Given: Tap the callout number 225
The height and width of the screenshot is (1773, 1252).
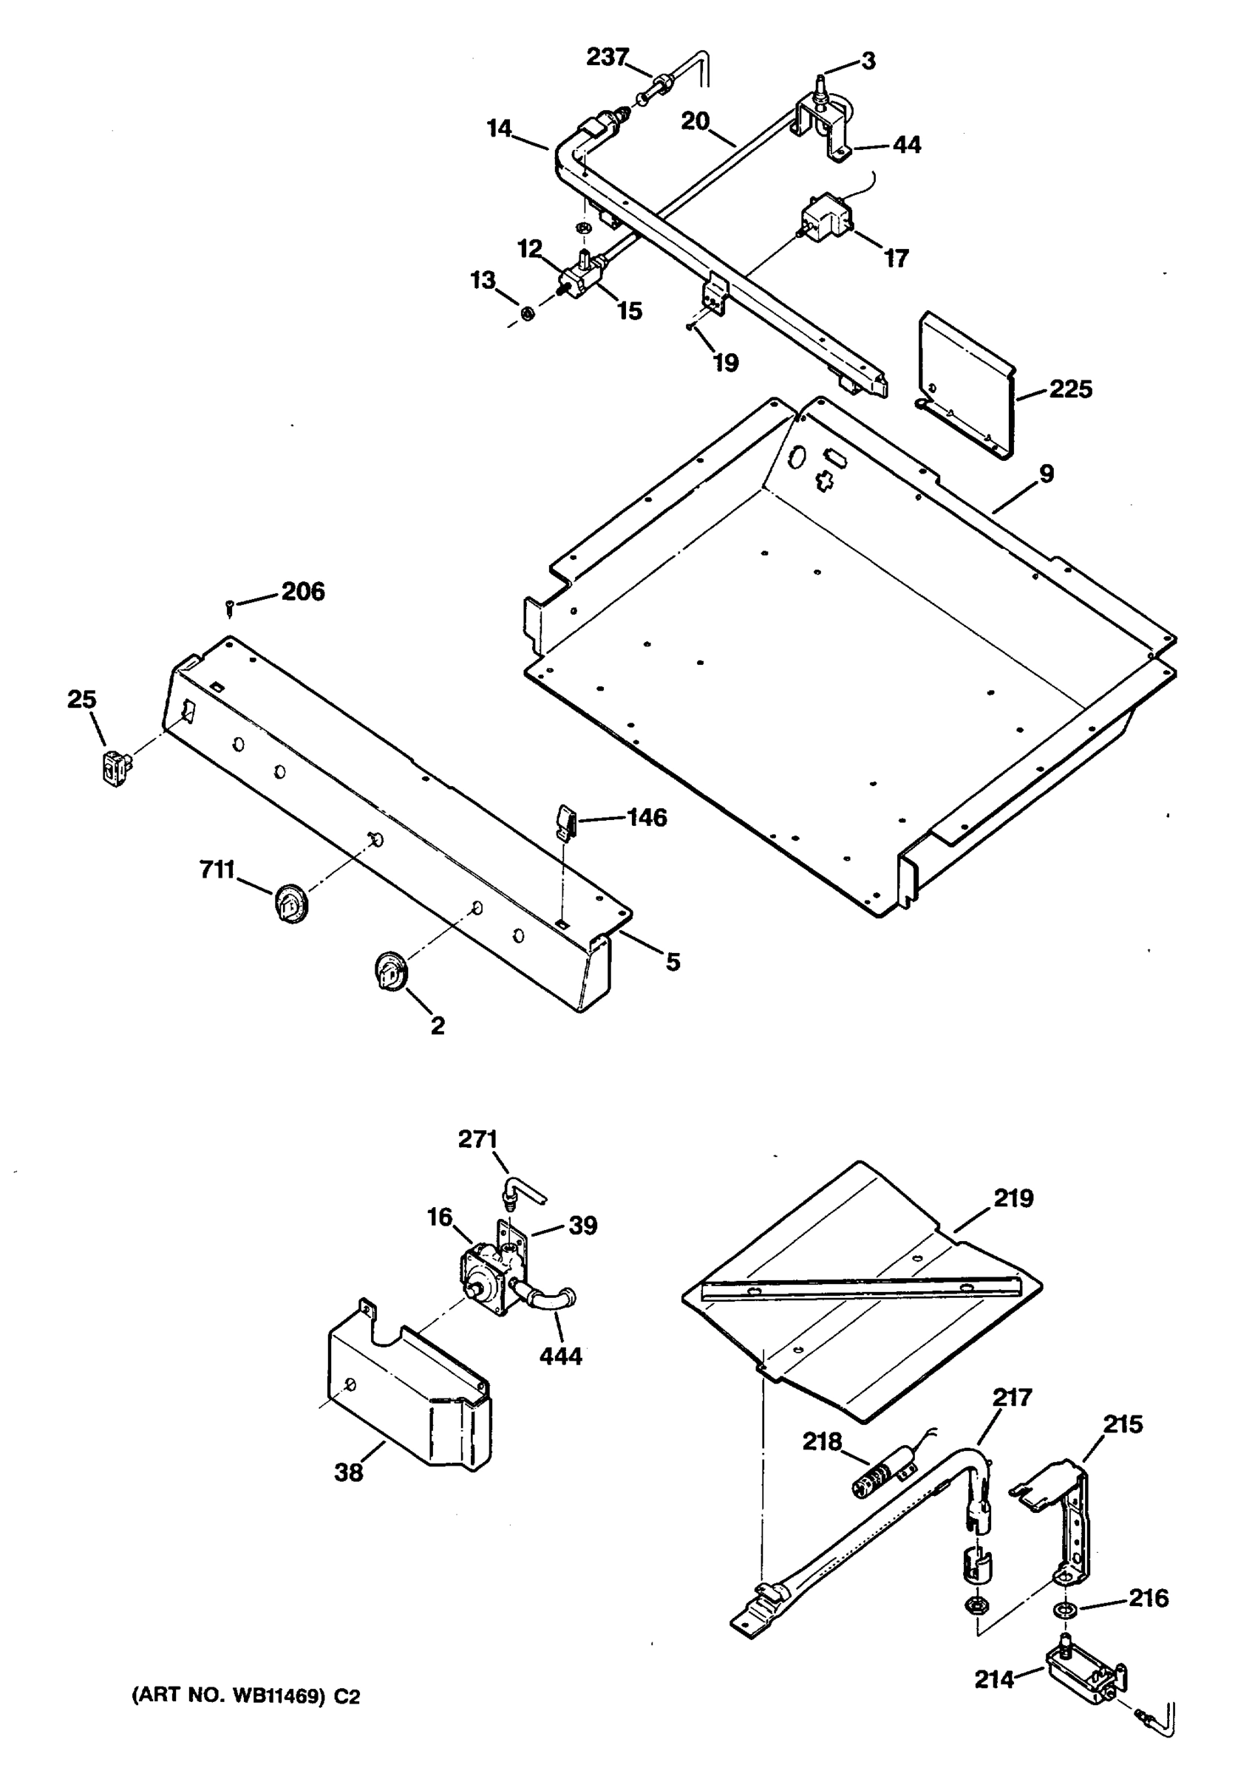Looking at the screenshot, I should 1069,389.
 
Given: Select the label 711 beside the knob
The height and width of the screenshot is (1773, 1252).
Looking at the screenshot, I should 217,870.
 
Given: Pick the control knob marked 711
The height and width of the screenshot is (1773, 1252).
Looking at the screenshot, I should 290,903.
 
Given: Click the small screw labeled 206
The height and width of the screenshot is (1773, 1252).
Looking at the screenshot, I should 229,607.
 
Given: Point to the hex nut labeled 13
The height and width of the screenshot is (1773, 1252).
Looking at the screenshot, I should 528,313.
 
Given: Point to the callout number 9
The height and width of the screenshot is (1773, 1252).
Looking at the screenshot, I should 1047,474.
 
